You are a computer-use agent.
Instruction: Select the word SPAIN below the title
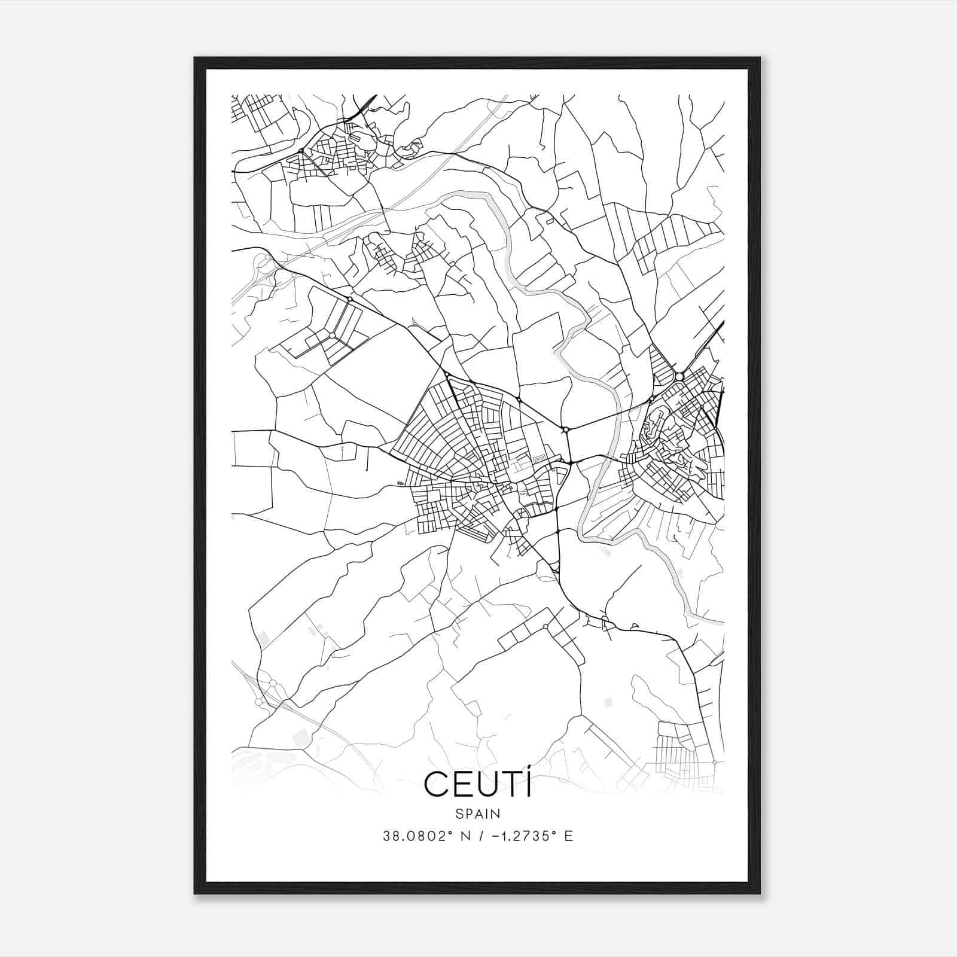pos(477,813)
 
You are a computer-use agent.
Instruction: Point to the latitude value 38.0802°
pos(417,836)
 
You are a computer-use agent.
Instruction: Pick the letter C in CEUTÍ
pos(435,785)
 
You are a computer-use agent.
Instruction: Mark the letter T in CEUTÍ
pos(509,785)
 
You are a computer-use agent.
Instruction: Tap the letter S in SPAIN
pos(459,813)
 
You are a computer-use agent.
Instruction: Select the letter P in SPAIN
pos(468,813)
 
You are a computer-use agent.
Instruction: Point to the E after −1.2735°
pos(569,836)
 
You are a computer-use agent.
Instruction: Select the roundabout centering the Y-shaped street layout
pos(332,335)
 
